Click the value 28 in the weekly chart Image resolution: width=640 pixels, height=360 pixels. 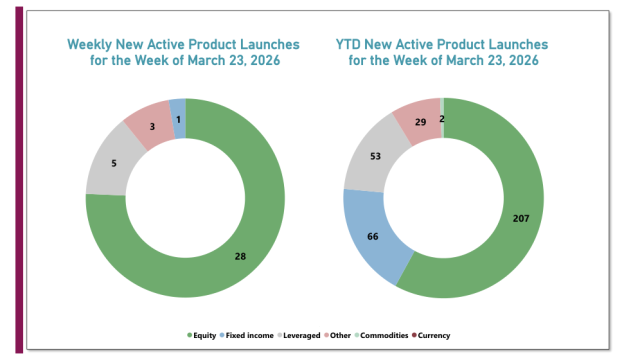(240, 256)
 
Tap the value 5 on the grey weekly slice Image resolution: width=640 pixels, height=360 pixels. (114, 163)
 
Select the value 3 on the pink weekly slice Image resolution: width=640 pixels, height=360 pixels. (152, 126)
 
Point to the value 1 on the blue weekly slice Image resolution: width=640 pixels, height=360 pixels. (178, 120)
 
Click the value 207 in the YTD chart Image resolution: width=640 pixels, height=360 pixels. (520, 218)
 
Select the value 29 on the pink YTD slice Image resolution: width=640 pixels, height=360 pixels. (420, 121)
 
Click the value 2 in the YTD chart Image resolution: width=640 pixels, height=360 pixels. (442, 118)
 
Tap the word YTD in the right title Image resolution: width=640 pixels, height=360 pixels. (348, 44)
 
